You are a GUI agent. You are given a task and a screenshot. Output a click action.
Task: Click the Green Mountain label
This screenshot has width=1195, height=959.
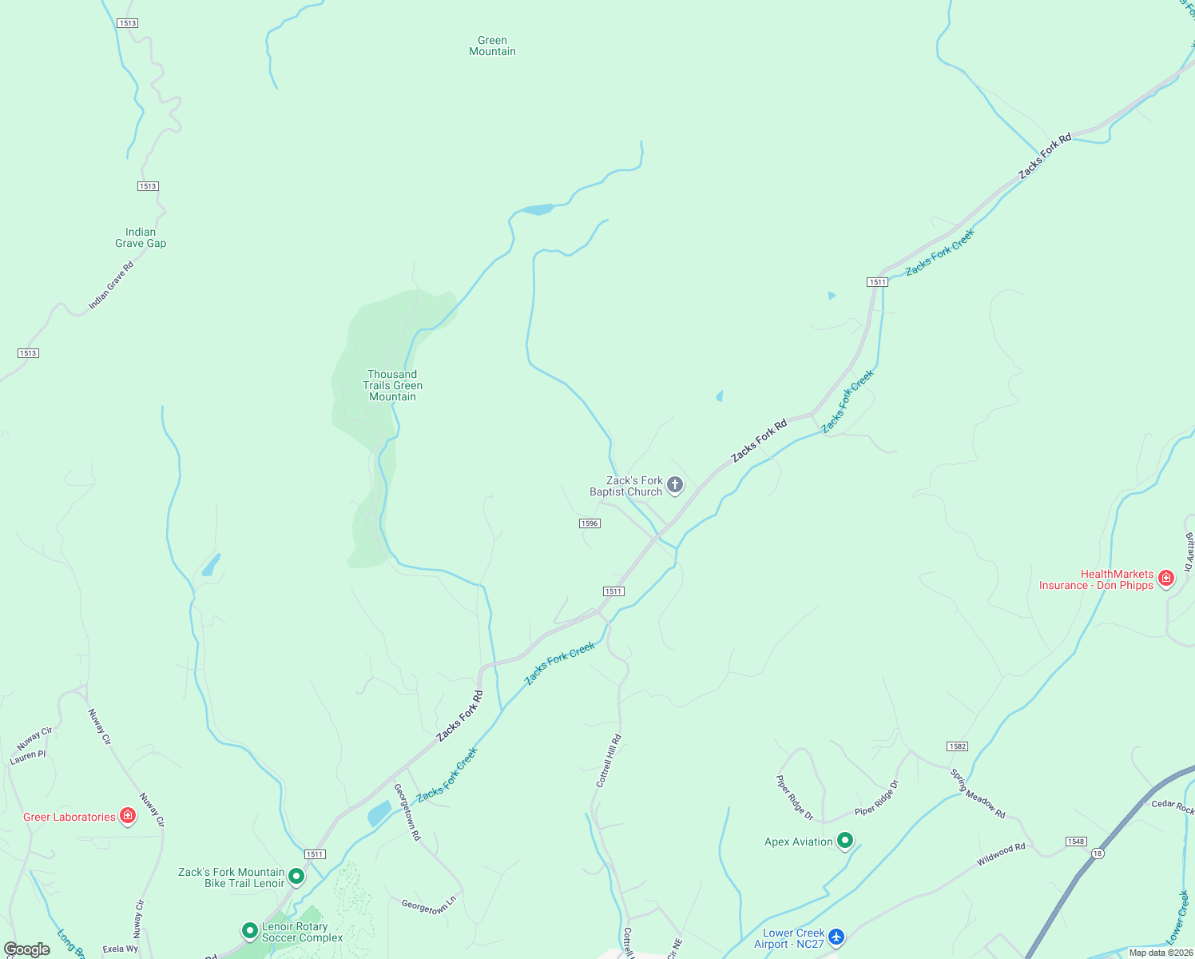pos(492,46)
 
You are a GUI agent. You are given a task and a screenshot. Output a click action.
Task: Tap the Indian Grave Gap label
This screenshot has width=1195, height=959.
pos(141,238)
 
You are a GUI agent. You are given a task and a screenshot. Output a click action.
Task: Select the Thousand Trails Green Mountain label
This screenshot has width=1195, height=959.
pos(392,385)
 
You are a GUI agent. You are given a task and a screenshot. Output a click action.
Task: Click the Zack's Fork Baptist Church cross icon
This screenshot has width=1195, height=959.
pos(675,485)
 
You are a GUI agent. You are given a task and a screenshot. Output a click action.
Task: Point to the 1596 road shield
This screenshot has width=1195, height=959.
pos(590,523)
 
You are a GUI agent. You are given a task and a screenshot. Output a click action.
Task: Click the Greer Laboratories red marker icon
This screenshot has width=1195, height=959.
pos(128,816)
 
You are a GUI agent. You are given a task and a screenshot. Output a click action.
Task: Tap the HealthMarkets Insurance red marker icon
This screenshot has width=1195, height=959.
pos(1166,578)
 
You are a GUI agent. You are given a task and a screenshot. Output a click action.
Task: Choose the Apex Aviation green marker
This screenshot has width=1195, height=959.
pos(845,841)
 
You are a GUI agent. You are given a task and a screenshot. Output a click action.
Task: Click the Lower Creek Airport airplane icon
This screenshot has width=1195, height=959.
pos(836,937)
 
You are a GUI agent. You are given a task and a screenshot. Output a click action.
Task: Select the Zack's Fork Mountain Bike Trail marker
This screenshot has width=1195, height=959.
pos(296,877)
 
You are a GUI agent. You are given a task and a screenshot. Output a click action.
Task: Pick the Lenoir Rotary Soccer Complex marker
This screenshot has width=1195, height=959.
pos(250,931)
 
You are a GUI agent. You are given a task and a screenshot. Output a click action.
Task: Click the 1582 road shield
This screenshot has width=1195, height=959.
pos(957,746)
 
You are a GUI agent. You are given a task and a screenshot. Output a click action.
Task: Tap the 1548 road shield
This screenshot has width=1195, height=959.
pos(1076,842)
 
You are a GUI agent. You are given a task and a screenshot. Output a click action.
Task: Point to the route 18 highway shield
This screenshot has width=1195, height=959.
pos(1098,854)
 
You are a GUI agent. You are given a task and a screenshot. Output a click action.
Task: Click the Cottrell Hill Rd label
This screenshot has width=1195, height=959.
pos(609,762)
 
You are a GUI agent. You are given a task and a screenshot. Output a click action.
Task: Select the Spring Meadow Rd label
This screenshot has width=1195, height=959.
pos(978,794)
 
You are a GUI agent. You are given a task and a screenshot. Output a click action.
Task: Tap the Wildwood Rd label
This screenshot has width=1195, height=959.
pos(1001,855)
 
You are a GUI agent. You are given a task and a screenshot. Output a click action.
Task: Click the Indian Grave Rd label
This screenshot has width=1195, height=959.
pos(111,285)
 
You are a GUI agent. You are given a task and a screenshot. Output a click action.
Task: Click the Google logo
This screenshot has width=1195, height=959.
pos(27,949)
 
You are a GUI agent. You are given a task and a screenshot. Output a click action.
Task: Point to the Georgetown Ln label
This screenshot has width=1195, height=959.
pos(428,905)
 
